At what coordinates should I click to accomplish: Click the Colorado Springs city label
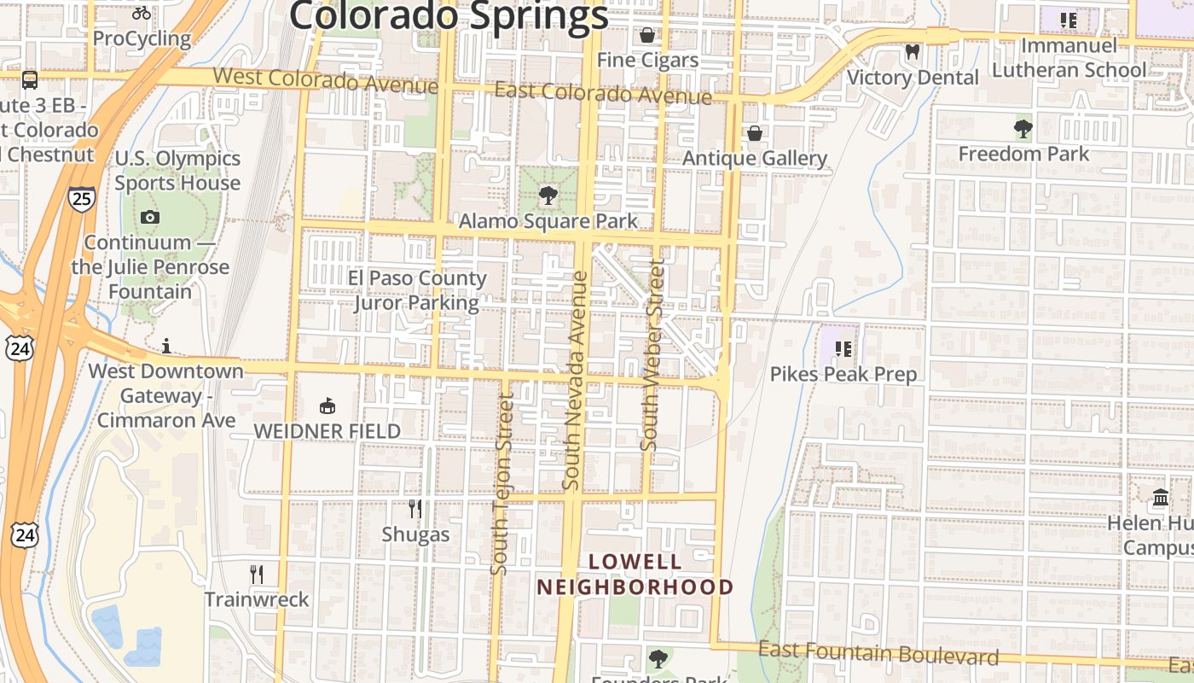pyautogui.click(x=449, y=15)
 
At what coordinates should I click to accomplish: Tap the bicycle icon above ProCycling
pyautogui.click(x=142, y=13)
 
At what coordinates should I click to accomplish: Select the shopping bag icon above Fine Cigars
pyautogui.click(x=647, y=35)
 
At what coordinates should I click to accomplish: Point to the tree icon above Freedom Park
pyautogui.click(x=1023, y=129)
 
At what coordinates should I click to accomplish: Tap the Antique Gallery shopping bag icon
pyautogui.click(x=754, y=133)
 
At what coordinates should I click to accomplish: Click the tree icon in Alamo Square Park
pyautogui.click(x=548, y=196)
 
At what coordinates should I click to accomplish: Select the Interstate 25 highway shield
pyautogui.click(x=82, y=200)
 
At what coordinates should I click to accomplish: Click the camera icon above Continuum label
pyautogui.click(x=150, y=217)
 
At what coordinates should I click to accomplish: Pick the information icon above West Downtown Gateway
pyautogui.click(x=166, y=346)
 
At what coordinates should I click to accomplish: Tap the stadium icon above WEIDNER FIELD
pyautogui.click(x=327, y=406)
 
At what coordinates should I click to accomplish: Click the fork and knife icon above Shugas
pyautogui.click(x=415, y=509)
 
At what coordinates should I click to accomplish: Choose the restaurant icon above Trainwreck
pyautogui.click(x=257, y=574)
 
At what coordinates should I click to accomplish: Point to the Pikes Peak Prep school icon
pyautogui.click(x=843, y=348)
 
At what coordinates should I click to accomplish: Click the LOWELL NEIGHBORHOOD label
pyautogui.click(x=635, y=575)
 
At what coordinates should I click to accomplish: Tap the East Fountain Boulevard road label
pyautogui.click(x=878, y=654)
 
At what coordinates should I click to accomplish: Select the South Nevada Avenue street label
pyautogui.click(x=576, y=380)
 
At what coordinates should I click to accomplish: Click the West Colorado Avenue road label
pyautogui.click(x=325, y=79)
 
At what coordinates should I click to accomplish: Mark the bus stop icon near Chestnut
pyautogui.click(x=30, y=80)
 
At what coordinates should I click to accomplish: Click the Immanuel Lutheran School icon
pyautogui.click(x=1068, y=20)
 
